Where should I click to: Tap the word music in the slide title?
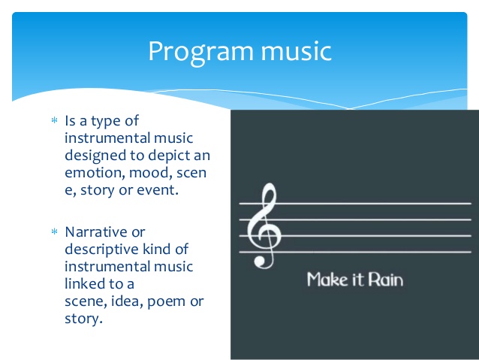click(296, 51)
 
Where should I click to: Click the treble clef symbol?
click(264, 225)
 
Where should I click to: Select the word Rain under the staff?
click(385, 280)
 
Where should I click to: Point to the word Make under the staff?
click(327, 280)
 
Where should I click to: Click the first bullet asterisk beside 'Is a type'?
click(54, 120)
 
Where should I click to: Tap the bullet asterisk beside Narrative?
click(54, 231)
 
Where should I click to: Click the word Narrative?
click(96, 231)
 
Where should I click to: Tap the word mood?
click(149, 173)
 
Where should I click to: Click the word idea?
click(127, 301)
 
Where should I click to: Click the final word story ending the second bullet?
click(83, 319)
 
